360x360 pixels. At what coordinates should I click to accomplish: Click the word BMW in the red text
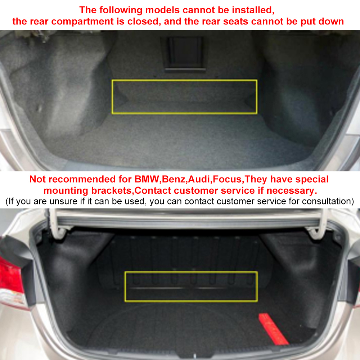(x=147, y=179)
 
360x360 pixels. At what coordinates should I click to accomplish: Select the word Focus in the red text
(x=227, y=179)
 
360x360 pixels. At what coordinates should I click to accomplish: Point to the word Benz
(x=174, y=179)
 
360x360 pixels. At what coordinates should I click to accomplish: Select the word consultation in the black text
(x=328, y=201)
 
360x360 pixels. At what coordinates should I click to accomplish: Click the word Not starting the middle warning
(x=38, y=179)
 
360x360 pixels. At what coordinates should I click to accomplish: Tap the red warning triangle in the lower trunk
(x=273, y=329)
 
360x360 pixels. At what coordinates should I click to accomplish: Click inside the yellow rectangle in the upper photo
(x=184, y=96)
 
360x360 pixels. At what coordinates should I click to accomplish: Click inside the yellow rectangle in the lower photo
(x=191, y=286)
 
